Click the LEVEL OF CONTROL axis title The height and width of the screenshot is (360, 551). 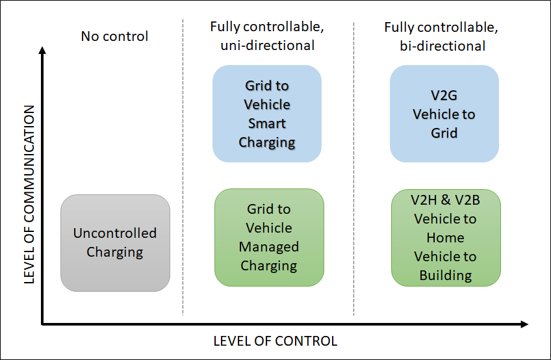pyautogui.click(x=275, y=341)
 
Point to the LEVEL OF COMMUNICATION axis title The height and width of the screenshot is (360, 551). pyautogui.click(x=29, y=194)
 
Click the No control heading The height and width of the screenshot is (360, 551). pyautogui.click(x=114, y=36)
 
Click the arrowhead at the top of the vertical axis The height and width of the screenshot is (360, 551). pyautogui.click(x=42, y=53)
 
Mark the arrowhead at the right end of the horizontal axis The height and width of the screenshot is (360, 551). pyautogui.click(x=525, y=323)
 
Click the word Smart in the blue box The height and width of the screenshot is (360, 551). pyautogui.click(x=267, y=123)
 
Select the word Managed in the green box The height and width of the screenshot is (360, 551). pyautogui.click(x=269, y=247)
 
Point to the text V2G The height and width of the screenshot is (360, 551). pyautogui.click(x=444, y=96)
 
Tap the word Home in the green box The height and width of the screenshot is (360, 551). pyautogui.click(x=446, y=238)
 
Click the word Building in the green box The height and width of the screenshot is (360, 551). pyautogui.click(x=446, y=276)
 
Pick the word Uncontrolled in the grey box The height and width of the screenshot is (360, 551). pyautogui.click(x=115, y=233)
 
